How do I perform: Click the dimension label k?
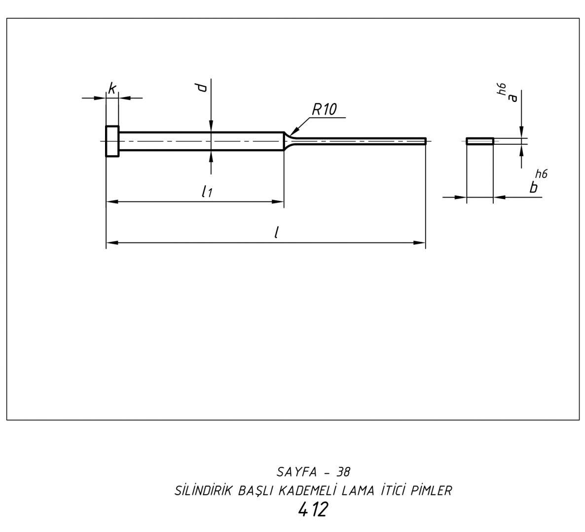(112, 89)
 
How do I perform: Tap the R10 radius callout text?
(324, 109)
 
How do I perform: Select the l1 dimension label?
(207, 192)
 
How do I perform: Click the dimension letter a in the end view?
(513, 97)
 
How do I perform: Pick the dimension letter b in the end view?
(533, 188)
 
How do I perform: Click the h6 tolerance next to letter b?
(541, 173)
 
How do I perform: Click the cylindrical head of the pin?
(112, 141)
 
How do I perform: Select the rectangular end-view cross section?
(480, 141)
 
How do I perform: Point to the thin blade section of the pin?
(360, 141)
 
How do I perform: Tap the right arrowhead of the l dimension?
(420, 243)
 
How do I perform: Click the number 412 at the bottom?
(313, 510)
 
